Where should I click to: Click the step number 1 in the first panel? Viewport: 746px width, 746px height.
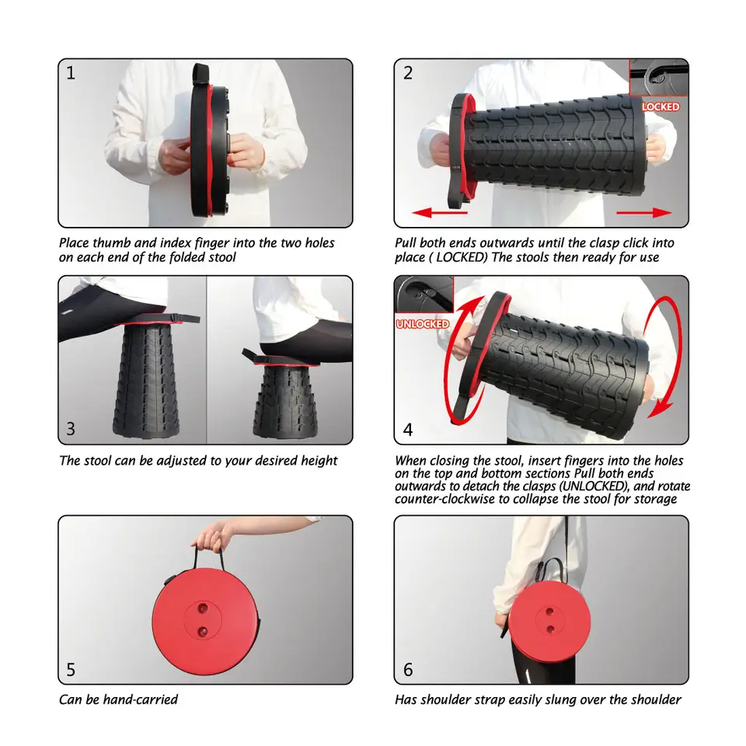71,74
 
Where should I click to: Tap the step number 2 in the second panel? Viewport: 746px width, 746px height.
408,74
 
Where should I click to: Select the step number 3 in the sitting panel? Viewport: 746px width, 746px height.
71,428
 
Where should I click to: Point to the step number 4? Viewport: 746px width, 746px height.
408,429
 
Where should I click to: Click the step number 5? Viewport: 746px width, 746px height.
71,669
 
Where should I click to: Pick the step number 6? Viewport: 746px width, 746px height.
408,669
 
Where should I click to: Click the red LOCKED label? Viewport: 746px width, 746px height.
661,106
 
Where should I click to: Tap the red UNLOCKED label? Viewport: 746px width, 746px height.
423,324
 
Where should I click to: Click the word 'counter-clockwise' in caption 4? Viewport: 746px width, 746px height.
445,499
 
